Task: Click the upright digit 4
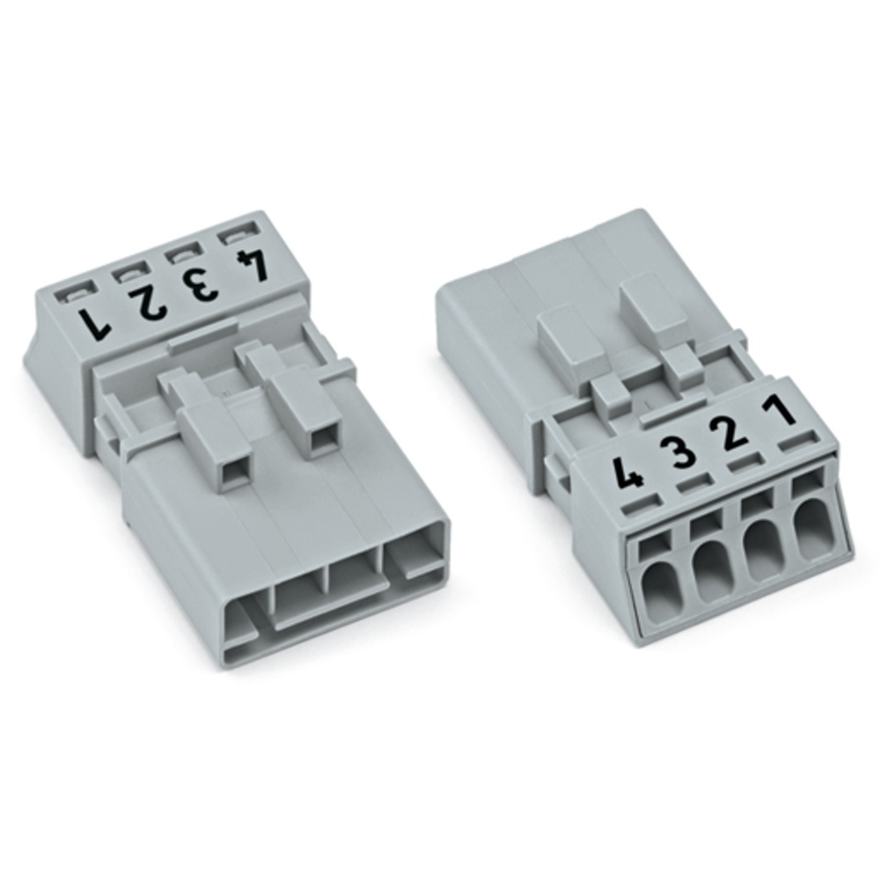629,478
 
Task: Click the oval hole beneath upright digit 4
656,588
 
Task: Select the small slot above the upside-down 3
180,253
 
